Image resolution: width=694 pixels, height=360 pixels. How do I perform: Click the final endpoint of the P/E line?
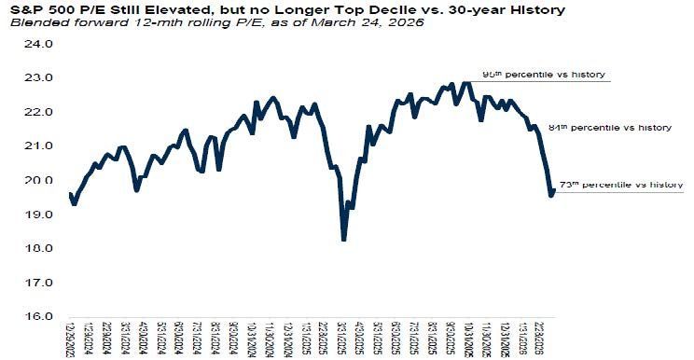click(x=553, y=191)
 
